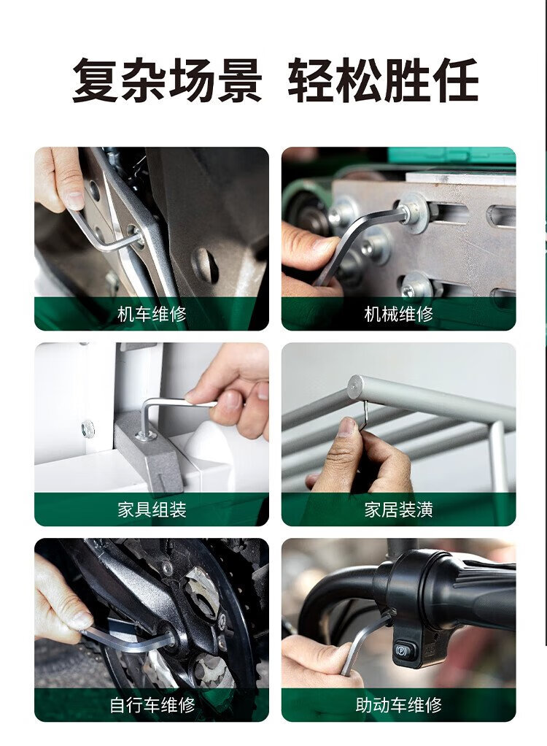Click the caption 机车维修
coord(152,314)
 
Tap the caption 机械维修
coord(399,314)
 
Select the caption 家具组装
coord(152,509)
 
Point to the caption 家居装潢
coord(399,509)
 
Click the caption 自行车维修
coord(152,705)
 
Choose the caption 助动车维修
coord(399,705)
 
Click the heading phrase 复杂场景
coord(167,80)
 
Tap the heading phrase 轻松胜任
coord(383,80)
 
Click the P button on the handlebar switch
coord(400,648)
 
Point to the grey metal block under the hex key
coord(148,452)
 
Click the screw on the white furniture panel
coord(88,429)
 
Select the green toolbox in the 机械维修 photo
coord(451,155)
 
